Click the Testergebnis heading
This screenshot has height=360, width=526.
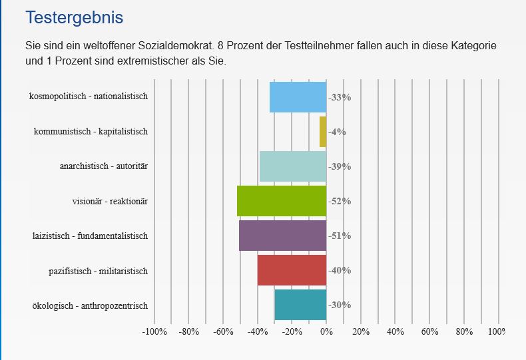pyautogui.click(x=75, y=18)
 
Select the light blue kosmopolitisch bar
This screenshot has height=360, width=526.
pyautogui.click(x=298, y=97)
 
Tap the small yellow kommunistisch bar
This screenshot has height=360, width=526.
pyautogui.click(x=323, y=132)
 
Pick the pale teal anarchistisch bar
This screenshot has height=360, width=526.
pyautogui.click(x=293, y=166)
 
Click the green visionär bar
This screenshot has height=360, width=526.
pyautogui.click(x=282, y=201)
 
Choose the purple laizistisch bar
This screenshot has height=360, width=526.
pyautogui.click(x=283, y=236)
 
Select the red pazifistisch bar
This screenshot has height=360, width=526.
pyautogui.click(x=292, y=270)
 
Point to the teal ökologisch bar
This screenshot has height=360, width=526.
pyautogui.click(x=300, y=305)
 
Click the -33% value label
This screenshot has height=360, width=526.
pyautogui.click(x=340, y=97)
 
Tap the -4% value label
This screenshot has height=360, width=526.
pyautogui.click(x=337, y=132)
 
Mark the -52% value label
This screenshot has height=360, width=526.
pyautogui.click(x=340, y=201)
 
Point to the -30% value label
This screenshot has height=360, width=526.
pyautogui.click(x=340, y=305)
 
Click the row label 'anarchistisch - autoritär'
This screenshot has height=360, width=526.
pyautogui.click(x=104, y=166)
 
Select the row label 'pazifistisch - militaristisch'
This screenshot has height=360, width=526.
pyautogui.click(x=99, y=271)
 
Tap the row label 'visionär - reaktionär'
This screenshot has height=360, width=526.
pyautogui.click(x=110, y=201)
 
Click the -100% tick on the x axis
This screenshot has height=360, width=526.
pyautogui.click(x=154, y=331)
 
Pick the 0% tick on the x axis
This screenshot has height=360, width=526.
pyautogui.click(x=326, y=331)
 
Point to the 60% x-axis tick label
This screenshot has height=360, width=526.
pyautogui.click(x=429, y=331)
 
